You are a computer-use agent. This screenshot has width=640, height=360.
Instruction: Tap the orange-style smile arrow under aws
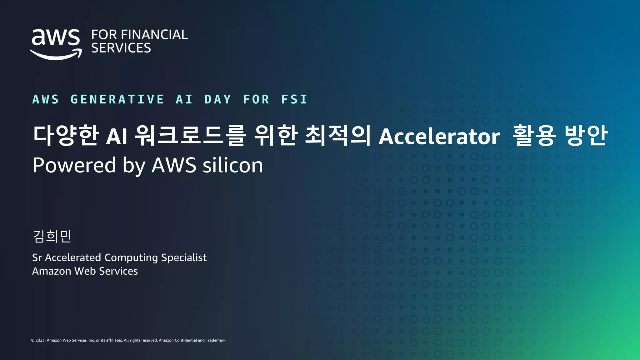click(56, 56)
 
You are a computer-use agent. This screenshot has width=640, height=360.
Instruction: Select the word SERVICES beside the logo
click(121, 48)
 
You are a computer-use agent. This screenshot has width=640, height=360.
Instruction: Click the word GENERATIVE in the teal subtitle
click(117, 99)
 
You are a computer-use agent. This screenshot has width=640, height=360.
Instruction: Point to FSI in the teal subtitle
click(294, 99)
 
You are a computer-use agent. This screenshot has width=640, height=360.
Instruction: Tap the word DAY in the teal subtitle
click(218, 99)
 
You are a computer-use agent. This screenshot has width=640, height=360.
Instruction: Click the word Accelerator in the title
click(439, 137)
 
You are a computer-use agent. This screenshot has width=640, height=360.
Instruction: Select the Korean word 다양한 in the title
click(66, 135)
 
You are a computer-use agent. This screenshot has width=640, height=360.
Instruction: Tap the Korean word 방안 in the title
click(586, 135)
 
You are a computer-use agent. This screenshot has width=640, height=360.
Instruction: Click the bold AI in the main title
click(117, 137)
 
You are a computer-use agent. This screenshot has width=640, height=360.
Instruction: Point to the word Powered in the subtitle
click(74, 165)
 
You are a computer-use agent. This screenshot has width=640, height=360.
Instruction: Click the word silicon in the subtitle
click(233, 165)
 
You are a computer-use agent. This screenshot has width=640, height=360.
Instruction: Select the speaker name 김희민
click(52, 236)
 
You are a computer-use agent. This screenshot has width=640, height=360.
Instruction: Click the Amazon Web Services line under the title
click(85, 271)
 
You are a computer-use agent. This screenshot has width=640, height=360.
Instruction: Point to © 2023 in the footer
click(38, 340)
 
